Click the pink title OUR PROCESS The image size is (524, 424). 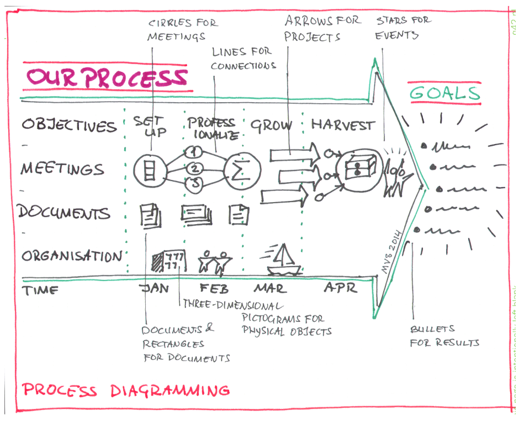(x=106, y=78)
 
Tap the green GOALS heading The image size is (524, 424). (x=444, y=93)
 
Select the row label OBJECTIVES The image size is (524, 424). (x=70, y=125)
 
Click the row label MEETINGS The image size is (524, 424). (x=62, y=168)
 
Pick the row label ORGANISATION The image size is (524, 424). (x=72, y=256)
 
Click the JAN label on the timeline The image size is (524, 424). (x=156, y=289)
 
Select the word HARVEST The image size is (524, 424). (x=342, y=125)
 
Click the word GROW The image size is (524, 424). (x=271, y=125)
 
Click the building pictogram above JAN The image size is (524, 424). (x=168, y=259)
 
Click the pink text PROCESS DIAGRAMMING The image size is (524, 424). (x=125, y=391)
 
